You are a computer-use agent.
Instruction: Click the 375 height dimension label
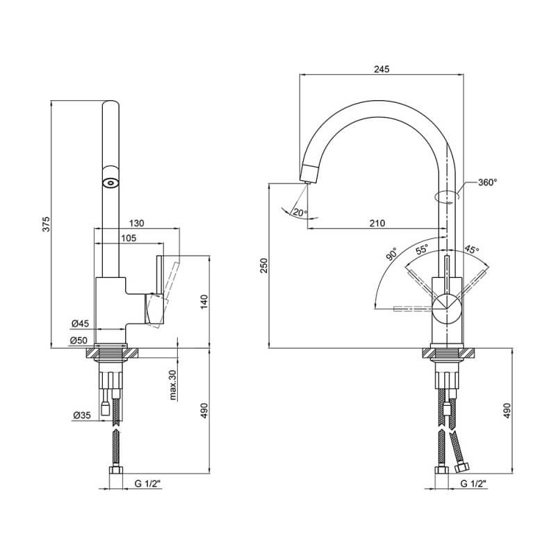(47, 224)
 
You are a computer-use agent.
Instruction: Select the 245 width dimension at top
(382, 69)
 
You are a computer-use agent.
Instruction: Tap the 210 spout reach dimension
(377, 223)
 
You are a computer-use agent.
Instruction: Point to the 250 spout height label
(264, 265)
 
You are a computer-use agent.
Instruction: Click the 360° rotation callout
(488, 182)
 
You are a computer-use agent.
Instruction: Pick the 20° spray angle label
(300, 213)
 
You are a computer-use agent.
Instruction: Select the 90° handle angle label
(391, 254)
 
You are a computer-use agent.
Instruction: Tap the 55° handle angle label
(422, 250)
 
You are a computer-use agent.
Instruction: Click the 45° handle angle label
(472, 249)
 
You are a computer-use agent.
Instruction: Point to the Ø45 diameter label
(80, 323)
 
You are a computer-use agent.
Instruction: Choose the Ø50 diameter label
(79, 341)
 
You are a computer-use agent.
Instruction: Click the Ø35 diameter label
(82, 414)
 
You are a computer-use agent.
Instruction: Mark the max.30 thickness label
(172, 385)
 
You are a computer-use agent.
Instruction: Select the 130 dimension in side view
(136, 223)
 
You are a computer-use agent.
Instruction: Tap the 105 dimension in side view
(129, 238)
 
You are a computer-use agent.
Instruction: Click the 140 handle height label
(204, 302)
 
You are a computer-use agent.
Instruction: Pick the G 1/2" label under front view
(473, 483)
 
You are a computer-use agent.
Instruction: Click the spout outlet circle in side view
(111, 183)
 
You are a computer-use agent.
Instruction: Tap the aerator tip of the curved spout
(307, 182)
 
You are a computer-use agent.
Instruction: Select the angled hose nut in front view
(462, 467)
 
